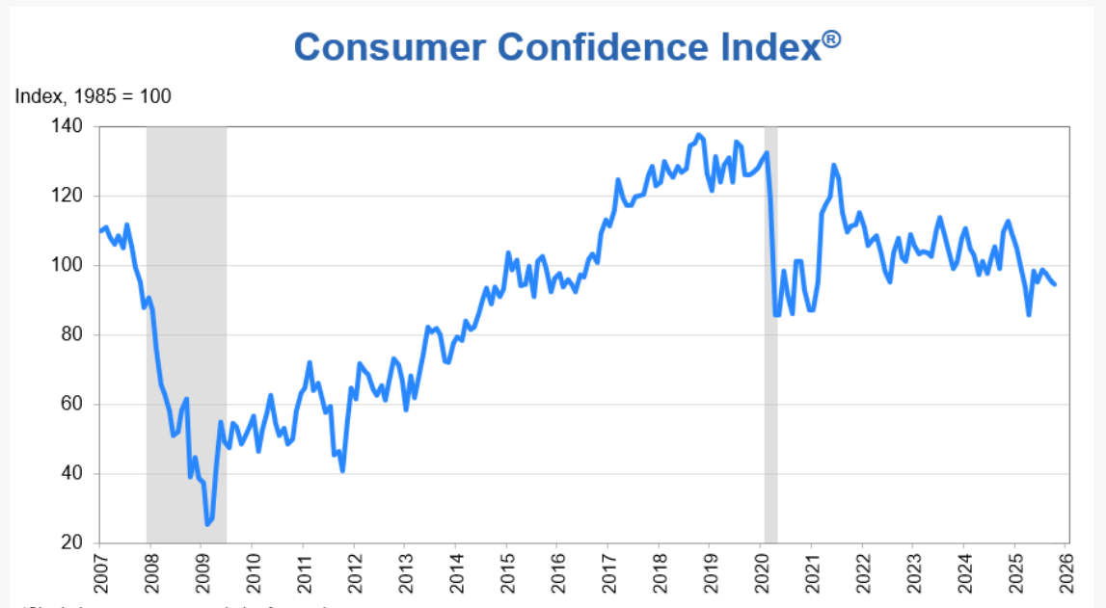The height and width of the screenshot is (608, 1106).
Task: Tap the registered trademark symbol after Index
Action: click(x=831, y=40)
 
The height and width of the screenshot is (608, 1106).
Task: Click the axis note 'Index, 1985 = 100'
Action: click(x=93, y=96)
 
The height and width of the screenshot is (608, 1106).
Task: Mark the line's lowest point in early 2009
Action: click(x=207, y=524)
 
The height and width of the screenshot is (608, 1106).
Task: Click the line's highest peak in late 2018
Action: click(x=699, y=135)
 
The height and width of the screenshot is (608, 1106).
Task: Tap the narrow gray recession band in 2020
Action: click(x=770, y=385)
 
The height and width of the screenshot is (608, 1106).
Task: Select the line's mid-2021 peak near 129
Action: click(x=834, y=165)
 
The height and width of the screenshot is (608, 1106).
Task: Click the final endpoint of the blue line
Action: click(x=1054, y=284)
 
